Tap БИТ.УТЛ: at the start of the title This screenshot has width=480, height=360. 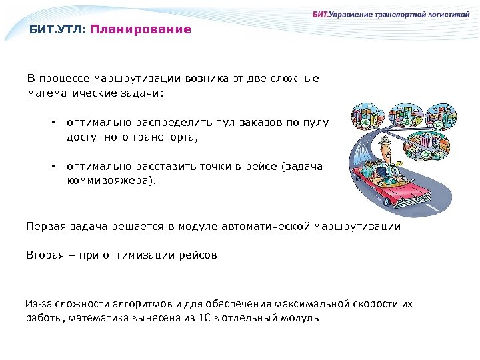[x=57, y=29]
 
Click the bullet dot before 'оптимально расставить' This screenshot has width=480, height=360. [x=52, y=167]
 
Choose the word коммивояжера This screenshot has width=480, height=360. [x=111, y=181]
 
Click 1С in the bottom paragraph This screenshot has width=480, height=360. [x=205, y=318]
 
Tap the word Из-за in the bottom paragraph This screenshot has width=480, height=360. [x=35, y=303]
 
